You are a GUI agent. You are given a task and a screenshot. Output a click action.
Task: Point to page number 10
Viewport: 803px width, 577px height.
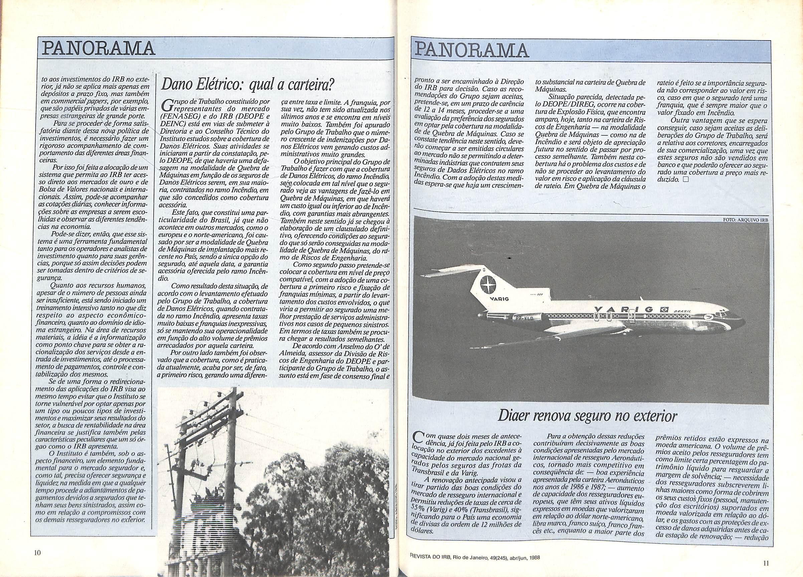click(x=38, y=553)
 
